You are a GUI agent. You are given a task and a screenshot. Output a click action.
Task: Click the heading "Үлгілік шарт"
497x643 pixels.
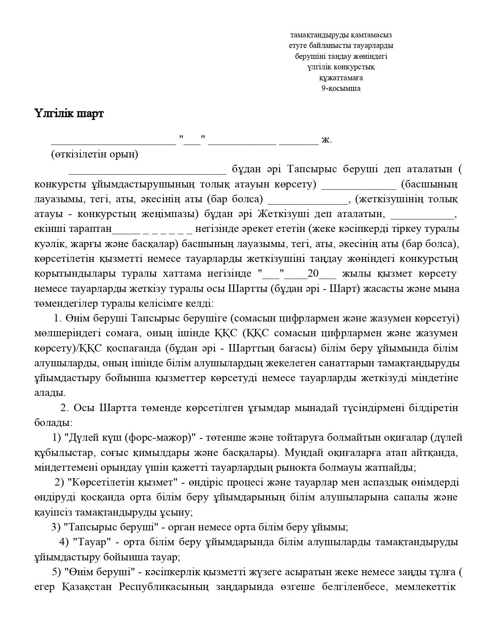tap(69, 114)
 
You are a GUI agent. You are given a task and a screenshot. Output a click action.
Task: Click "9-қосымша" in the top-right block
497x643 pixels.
tap(341, 88)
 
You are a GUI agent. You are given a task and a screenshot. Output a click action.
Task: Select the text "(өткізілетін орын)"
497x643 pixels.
tap(94, 154)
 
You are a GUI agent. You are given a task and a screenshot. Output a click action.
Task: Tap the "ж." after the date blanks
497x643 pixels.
tap(327, 140)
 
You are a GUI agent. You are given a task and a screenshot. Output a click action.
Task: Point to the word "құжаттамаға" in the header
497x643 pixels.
tap(341, 78)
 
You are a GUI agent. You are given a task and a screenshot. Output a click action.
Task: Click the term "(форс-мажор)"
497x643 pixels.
tap(160, 438)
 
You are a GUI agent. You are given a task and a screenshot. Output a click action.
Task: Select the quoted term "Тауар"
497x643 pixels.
tap(92, 542)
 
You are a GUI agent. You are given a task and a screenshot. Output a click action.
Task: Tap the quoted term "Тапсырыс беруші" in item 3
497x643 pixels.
tap(111, 527)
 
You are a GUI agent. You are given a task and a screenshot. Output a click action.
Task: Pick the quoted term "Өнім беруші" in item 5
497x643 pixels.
tap(99, 572)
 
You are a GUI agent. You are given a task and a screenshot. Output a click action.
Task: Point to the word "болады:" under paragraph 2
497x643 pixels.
tap(53, 423)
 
